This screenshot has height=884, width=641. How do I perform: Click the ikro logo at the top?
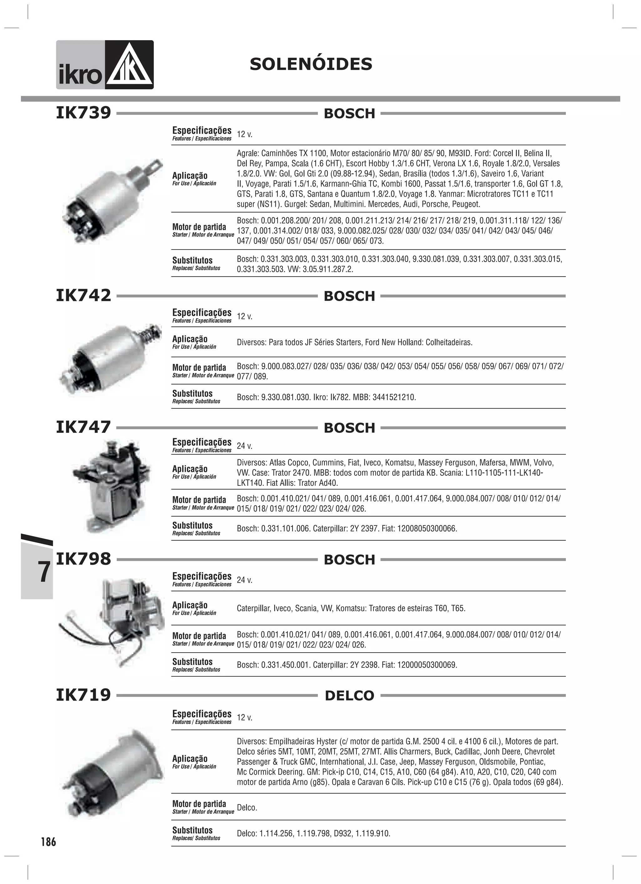click(105, 65)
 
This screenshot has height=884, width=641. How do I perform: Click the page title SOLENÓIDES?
click(310, 64)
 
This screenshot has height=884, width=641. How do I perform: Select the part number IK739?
click(83, 113)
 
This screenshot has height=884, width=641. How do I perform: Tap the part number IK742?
click(83, 295)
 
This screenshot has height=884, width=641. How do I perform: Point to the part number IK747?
click(83, 427)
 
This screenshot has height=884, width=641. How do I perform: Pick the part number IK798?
click(83, 559)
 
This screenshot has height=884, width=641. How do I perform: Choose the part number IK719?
click(83, 695)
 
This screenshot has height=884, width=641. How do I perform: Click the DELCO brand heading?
click(349, 695)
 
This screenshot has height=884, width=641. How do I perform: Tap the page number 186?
click(48, 842)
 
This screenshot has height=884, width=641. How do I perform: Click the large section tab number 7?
click(44, 572)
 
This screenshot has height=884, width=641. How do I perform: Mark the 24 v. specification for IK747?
click(244, 446)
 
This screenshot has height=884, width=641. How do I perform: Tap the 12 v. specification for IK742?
click(244, 316)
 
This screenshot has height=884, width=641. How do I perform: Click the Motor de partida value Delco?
click(247, 807)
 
